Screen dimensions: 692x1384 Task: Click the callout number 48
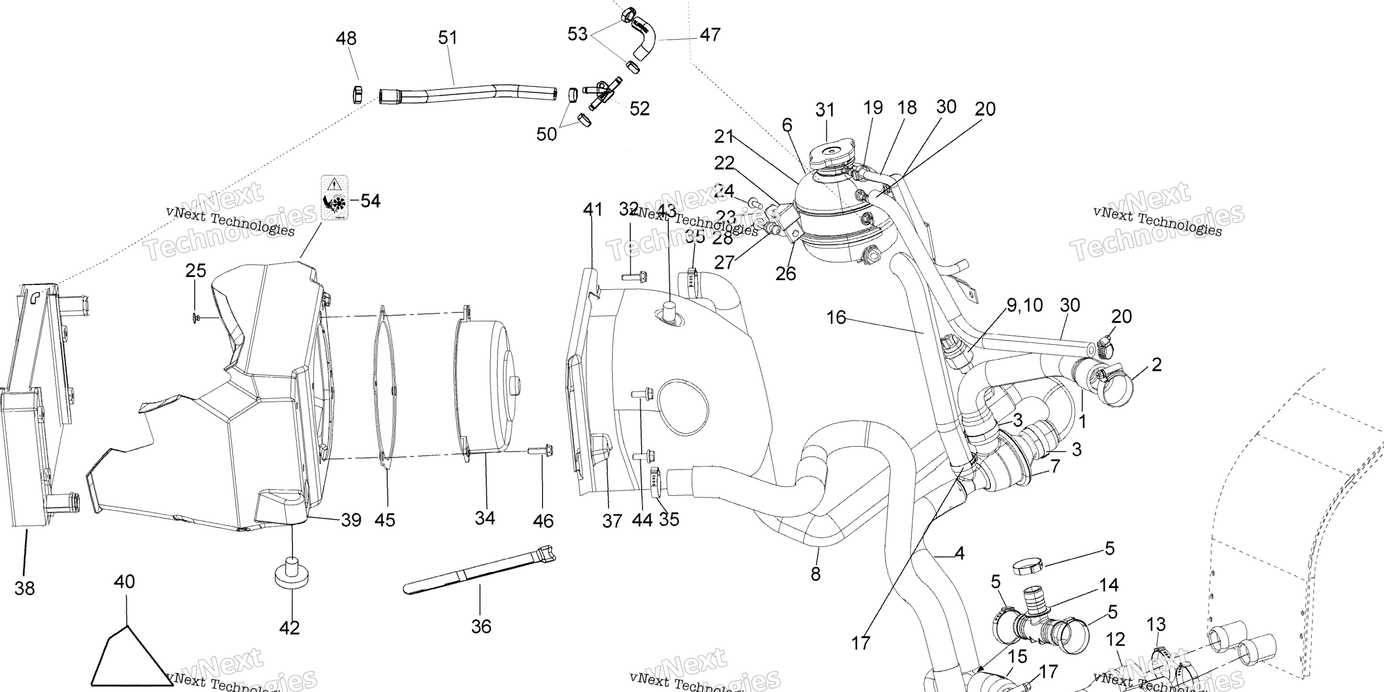point(346,39)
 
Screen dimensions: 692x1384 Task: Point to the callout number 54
point(370,201)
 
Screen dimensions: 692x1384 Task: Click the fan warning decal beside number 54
point(334,198)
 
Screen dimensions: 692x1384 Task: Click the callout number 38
point(25,588)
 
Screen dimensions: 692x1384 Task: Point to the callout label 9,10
point(1024,305)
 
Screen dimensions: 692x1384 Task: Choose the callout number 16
point(836,318)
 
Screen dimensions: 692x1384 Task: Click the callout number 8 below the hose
point(815,574)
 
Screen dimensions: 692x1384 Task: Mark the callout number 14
point(1108,584)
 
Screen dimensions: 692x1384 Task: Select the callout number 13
point(1156,624)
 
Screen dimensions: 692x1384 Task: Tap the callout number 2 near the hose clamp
point(1157,365)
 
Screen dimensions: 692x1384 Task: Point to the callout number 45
point(385,520)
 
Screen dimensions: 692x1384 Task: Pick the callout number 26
point(786,273)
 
